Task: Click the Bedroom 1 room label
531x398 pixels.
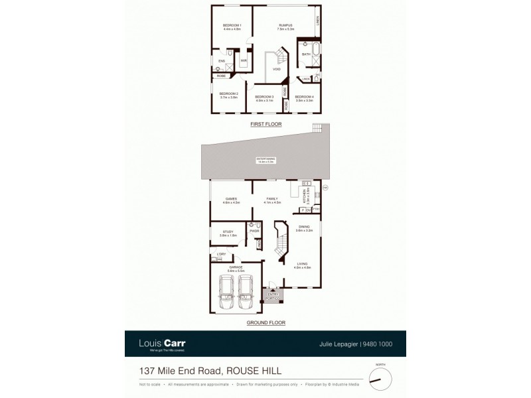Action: [x=232, y=26]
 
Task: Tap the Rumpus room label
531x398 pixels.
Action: [x=286, y=26]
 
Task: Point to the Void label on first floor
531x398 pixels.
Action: [x=276, y=68]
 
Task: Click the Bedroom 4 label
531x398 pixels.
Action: [x=304, y=97]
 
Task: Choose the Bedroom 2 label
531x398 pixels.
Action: [x=228, y=94]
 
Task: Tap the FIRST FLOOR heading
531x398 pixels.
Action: [x=266, y=124]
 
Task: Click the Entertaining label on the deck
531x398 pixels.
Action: [x=266, y=159]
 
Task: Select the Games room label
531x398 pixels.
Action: [x=231, y=198]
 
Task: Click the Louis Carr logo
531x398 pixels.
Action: [x=162, y=344]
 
